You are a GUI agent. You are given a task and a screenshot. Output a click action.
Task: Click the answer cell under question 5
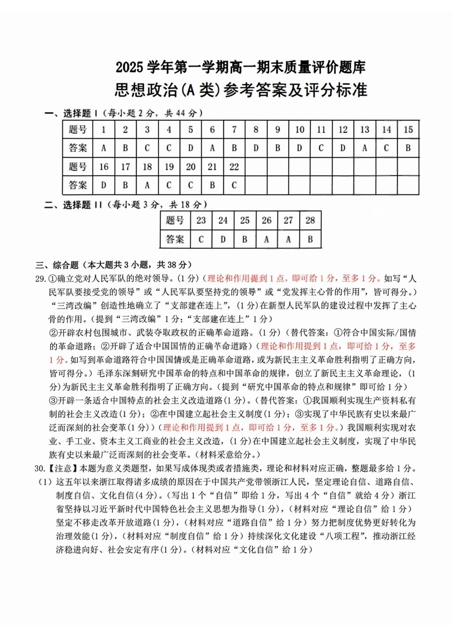190,148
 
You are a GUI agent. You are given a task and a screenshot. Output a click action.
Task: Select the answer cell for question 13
364,148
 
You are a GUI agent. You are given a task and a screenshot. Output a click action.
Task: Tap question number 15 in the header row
408,129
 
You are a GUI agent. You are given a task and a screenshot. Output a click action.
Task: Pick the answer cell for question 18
147,185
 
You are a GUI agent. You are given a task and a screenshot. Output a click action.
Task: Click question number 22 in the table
234,167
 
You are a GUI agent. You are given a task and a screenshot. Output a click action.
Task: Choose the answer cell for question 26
266,239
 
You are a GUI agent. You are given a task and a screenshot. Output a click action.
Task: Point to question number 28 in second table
310,220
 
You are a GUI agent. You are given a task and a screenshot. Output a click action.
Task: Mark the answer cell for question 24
223,239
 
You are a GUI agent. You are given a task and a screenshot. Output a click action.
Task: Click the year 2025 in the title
129,68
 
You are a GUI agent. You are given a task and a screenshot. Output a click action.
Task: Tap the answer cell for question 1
103,148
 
